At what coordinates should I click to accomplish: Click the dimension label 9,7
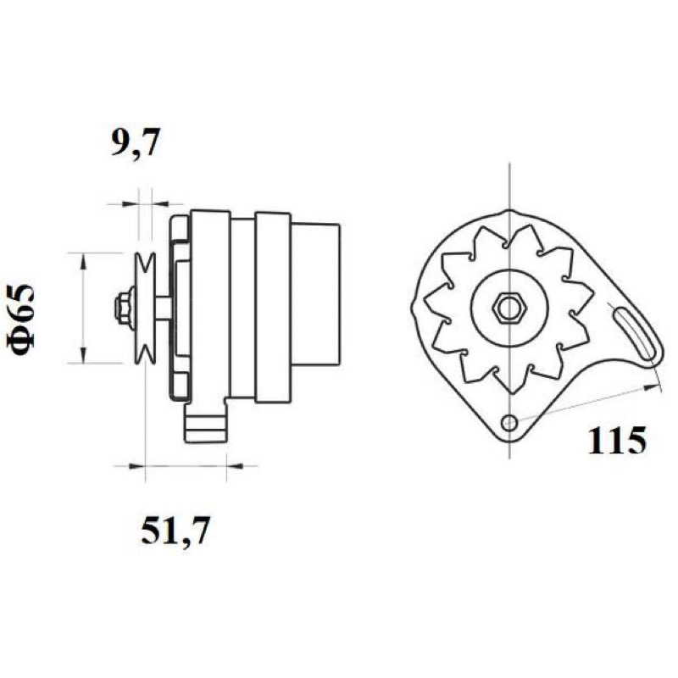point(136,142)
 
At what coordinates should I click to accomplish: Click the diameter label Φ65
point(20,320)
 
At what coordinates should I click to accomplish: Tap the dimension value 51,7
point(175,531)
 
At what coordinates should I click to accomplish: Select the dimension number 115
point(617,441)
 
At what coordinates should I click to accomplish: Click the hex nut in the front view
point(510,308)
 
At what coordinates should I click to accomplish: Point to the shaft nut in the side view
point(123,308)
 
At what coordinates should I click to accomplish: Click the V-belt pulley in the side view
point(145,308)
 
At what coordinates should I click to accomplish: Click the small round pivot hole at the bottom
point(510,422)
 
